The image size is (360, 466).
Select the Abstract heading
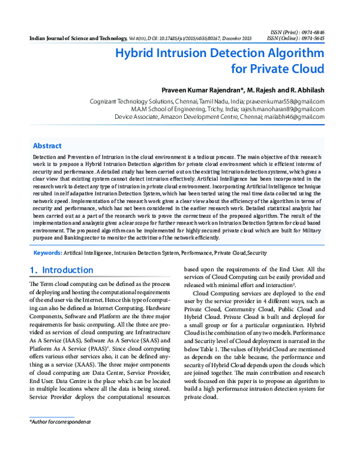pyautogui.click(x=47, y=146)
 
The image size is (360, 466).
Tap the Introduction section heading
pyautogui.click(x=68, y=270)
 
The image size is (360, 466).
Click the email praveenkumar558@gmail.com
pyautogui.click(x=287, y=103)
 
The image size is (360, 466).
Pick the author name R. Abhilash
pyautogui.click(x=305, y=89)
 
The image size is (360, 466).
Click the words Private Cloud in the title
pyautogui.click(x=287, y=68)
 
